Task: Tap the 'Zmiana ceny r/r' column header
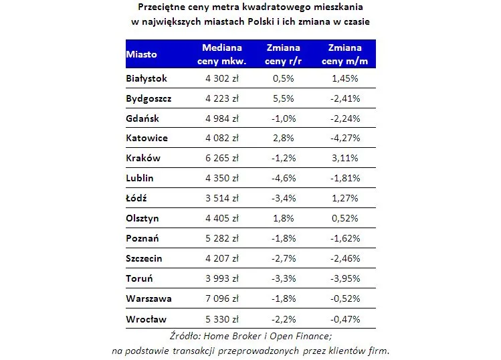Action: (x=284, y=54)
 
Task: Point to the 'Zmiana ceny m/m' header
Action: (x=345, y=54)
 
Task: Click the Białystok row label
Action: (x=146, y=78)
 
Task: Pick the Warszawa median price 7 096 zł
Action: (x=221, y=298)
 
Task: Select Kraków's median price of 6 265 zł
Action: (x=221, y=158)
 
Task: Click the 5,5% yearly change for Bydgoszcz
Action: (x=284, y=98)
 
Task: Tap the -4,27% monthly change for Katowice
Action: (x=345, y=138)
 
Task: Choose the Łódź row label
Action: (x=136, y=198)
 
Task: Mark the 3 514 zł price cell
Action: (x=221, y=198)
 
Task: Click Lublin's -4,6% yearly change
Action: (x=284, y=178)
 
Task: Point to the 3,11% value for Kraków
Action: (x=345, y=158)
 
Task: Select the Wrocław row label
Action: (x=146, y=319)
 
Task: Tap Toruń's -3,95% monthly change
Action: (x=345, y=278)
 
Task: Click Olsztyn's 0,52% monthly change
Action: (x=345, y=218)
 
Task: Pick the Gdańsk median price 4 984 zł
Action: (x=221, y=118)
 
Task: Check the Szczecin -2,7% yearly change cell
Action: (x=284, y=258)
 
